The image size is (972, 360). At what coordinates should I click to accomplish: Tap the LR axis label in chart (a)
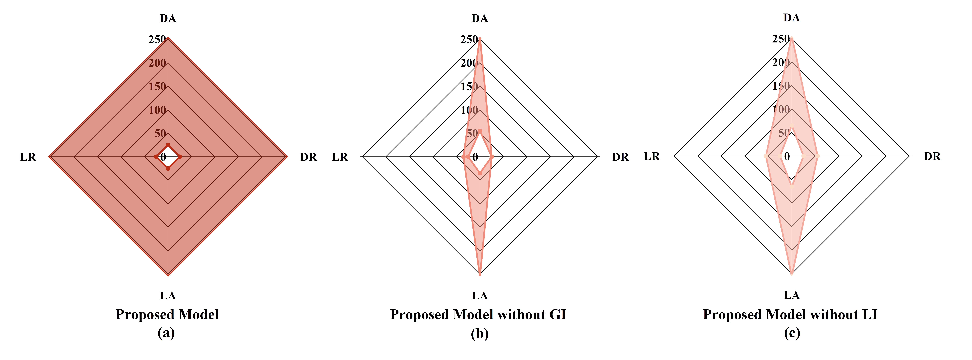pyautogui.click(x=28, y=157)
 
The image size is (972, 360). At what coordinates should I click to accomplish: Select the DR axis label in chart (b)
pyautogui.click(x=620, y=157)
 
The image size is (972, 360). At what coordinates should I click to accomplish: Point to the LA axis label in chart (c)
pyautogui.click(x=791, y=295)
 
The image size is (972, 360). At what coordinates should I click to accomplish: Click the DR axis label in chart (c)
pyautogui.click(x=932, y=156)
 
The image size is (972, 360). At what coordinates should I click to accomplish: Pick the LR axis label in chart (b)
pyautogui.click(x=340, y=157)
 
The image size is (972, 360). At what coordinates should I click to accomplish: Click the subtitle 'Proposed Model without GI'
pyautogui.click(x=478, y=315)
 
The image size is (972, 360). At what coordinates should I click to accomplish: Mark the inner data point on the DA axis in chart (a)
pyautogui.click(x=168, y=145)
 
